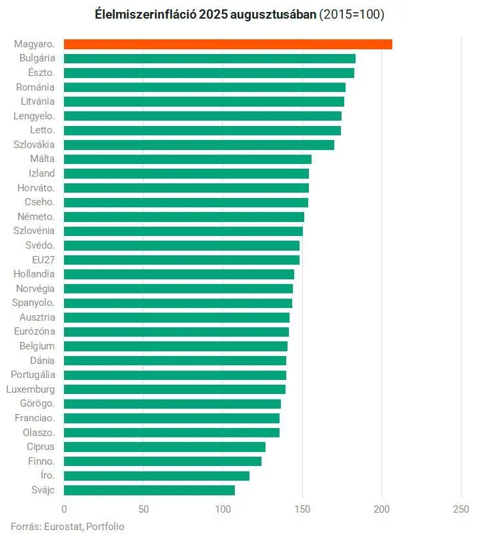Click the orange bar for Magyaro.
coord(227,44)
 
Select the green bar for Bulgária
coord(209,59)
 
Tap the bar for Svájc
coord(149,490)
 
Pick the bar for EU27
coord(181,259)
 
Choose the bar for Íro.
coord(157,475)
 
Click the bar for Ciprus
coord(165,447)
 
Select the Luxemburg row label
coord(31,389)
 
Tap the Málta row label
coord(42,159)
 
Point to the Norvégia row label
coord(37,289)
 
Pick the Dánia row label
coord(42,360)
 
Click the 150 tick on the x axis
coord(302,509)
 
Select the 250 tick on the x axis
coord(461,509)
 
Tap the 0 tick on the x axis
coord(64,509)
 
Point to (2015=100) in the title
coord(352,14)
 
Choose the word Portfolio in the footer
coord(105,526)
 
